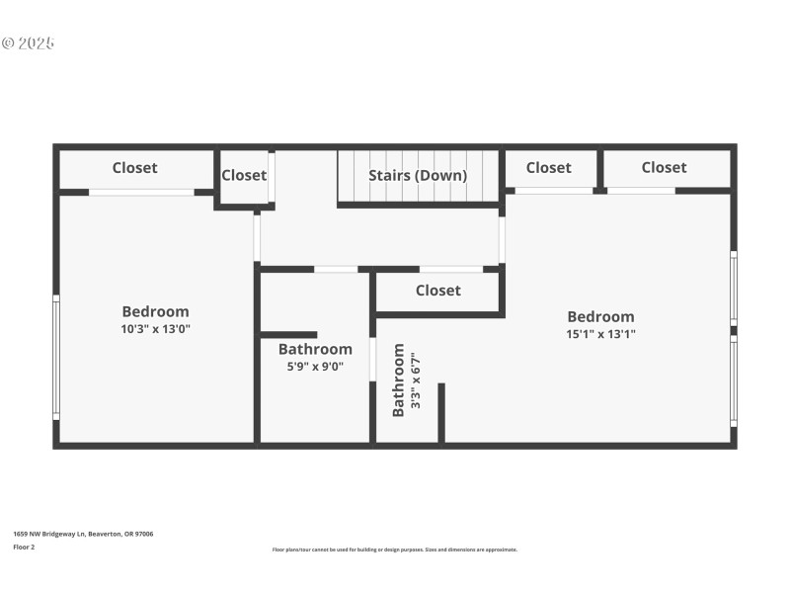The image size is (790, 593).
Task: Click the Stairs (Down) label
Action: (x=418, y=176)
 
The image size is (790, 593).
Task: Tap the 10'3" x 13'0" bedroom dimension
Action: (x=155, y=329)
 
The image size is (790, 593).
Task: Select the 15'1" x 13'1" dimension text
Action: (x=600, y=334)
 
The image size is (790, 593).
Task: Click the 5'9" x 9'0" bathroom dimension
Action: (x=314, y=366)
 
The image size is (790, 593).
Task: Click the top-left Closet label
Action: (x=134, y=168)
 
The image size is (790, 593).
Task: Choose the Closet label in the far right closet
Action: (x=664, y=168)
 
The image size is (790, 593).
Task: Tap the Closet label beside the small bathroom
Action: (x=437, y=291)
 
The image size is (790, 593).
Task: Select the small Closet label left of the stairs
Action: (x=243, y=176)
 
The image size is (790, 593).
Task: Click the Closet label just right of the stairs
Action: (x=548, y=168)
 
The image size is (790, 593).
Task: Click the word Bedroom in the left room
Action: (x=155, y=311)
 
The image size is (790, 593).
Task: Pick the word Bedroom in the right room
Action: (x=600, y=317)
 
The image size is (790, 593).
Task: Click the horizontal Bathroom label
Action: (x=314, y=349)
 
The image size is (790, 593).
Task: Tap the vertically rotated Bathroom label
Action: (x=399, y=381)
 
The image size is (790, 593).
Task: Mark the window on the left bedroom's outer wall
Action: (x=56, y=358)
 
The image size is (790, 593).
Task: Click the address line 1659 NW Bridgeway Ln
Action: (x=83, y=534)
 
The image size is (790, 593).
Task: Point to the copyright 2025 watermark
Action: (x=28, y=43)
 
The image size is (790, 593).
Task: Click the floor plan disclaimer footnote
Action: (x=394, y=550)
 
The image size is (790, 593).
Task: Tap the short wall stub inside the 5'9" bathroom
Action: (x=288, y=335)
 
